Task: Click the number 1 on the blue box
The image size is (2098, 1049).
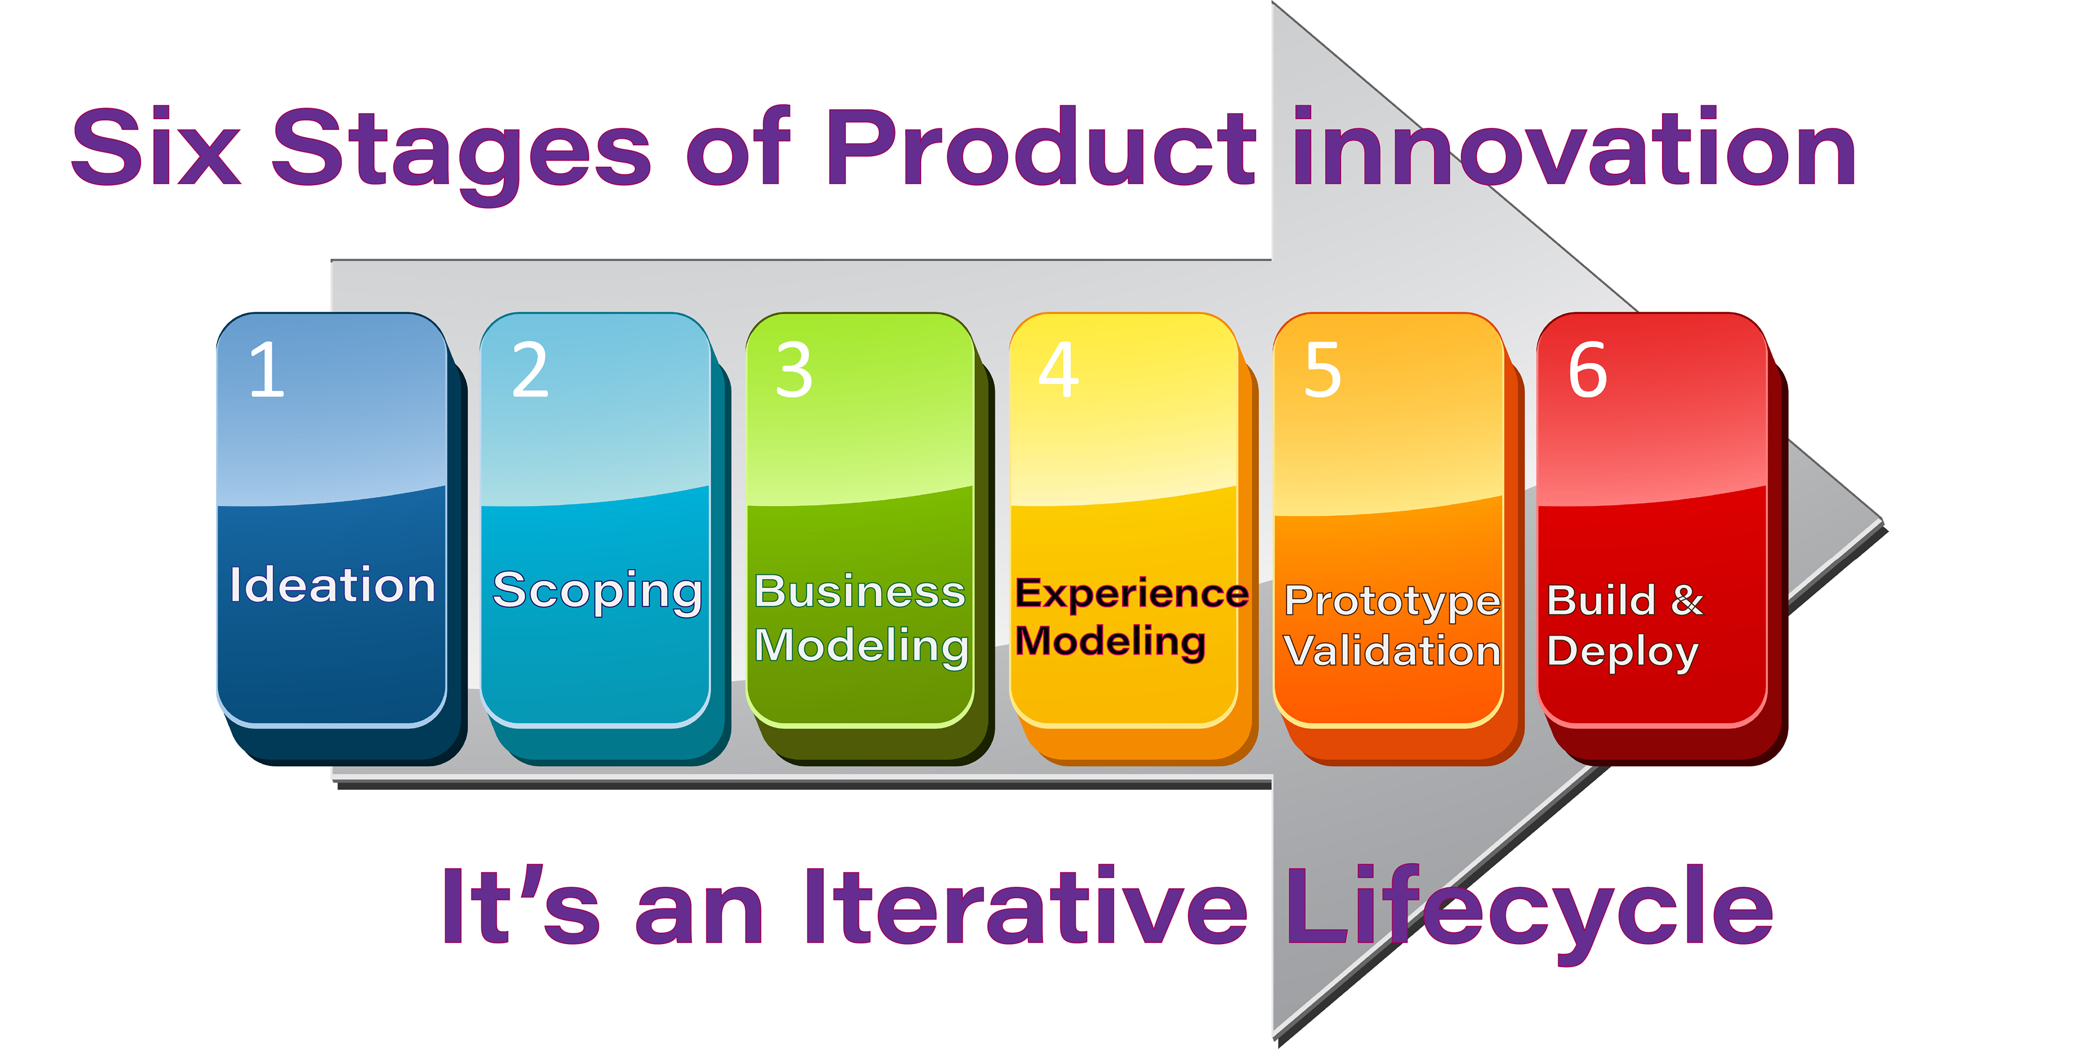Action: pyautogui.click(x=268, y=370)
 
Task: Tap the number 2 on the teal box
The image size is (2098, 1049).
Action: pyautogui.click(x=530, y=370)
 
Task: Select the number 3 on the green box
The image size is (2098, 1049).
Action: pyautogui.click(x=794, y=370)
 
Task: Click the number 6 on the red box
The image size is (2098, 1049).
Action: pyautogui.click(x=1587, y=370)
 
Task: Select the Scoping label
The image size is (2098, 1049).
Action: pyautogui.click(x=597, y=592)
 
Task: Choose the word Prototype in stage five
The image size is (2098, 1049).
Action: pyautogui.click(x=1393, y=603)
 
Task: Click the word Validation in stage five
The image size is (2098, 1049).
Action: pyautogui.click(x=1393, y=651)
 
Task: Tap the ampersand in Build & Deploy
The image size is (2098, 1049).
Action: pyautogui.click(x=1687, y=600)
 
